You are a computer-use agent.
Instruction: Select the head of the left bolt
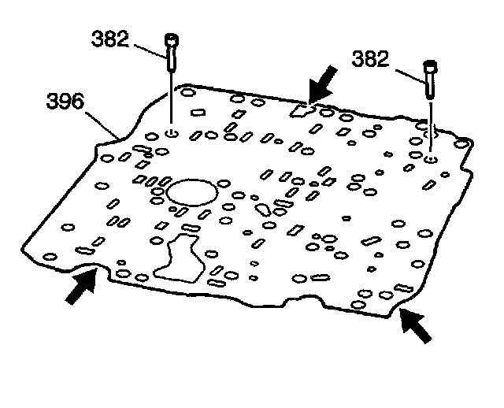(170, 39)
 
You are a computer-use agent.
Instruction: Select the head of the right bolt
(431, 65)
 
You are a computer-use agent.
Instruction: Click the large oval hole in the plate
(191, 191)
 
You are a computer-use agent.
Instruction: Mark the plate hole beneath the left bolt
(172, 132)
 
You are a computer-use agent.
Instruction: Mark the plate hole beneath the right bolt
(430, 160)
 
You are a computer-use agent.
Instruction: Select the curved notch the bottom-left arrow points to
(87, 270)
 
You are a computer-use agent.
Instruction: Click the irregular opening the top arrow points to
(301, 110)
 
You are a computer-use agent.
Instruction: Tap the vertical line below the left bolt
(171, 98)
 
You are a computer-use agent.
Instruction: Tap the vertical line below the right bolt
(430, 126)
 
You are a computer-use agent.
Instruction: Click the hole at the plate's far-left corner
(49, 258)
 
